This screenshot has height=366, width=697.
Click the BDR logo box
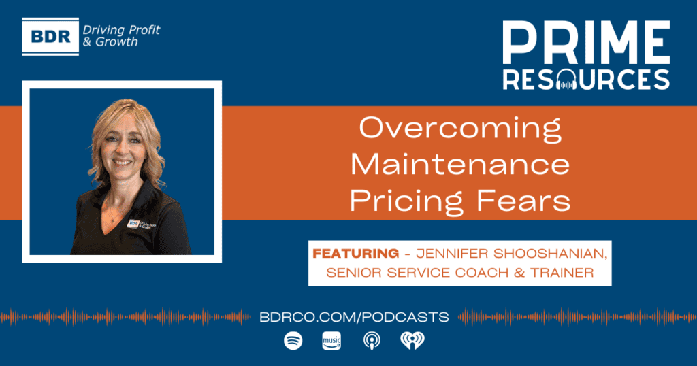[x=50, y=37]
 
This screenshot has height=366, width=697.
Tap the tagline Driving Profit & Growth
[x=121, y=36]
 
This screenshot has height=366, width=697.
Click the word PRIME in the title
[x=586, y=43]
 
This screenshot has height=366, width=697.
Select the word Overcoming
[x=460, y=129]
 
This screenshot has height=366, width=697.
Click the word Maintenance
[x=460, y=164]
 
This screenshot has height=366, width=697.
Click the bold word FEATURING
[x=355, y=254]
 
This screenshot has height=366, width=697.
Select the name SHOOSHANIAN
[x=550, y=254]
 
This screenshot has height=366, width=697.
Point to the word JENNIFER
[x=452, y=254]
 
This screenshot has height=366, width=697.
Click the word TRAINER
[x=562, y=273]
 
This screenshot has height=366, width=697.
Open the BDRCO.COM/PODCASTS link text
[x=354, y=317]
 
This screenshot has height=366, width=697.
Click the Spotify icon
[x=293, y=341]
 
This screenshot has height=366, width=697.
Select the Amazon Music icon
[x=331, y=341]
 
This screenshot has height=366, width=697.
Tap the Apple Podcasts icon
[x=372, y=341]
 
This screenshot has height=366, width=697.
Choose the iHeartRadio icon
[x=412, y=341]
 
